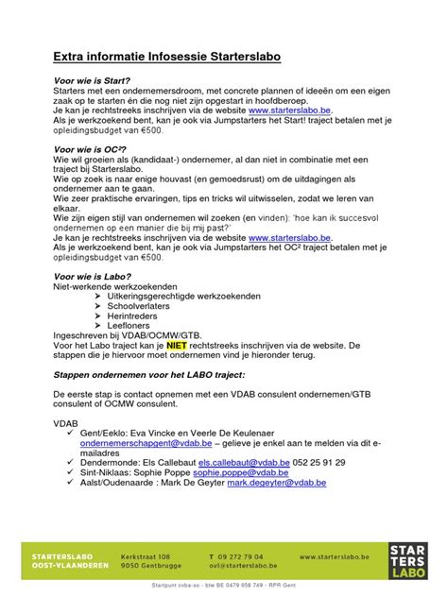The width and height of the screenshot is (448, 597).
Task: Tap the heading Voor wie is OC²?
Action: point(92,150)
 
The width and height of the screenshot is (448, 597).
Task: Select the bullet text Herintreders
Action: point(133,316)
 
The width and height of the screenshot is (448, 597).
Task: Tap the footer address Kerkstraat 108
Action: point(146,556)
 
